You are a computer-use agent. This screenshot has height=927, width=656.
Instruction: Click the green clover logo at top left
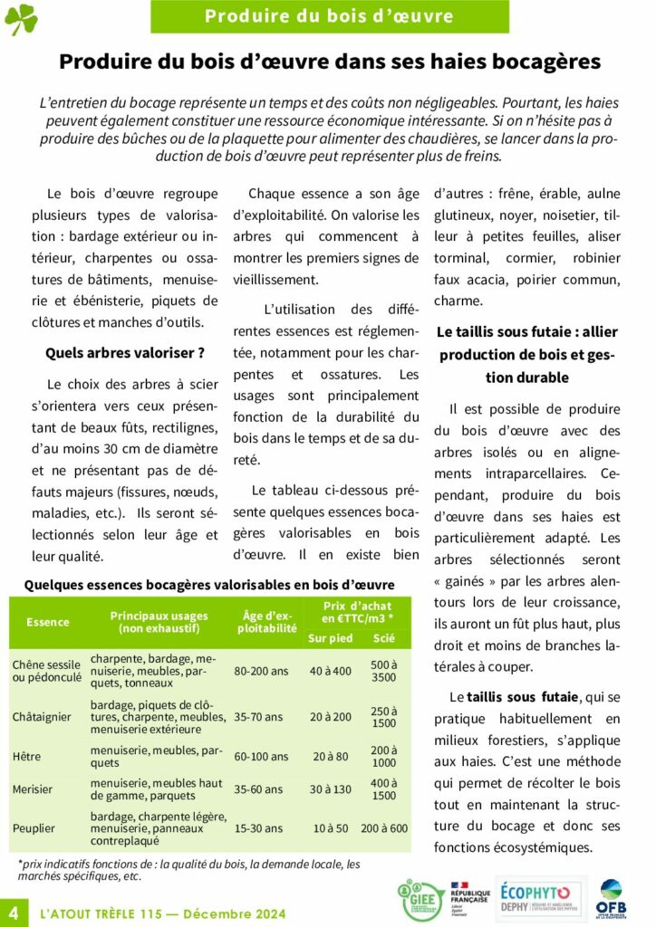point(21,18)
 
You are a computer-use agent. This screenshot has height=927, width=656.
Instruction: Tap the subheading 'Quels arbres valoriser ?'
point(125,353)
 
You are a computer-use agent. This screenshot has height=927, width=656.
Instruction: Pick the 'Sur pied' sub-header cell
point(330,638)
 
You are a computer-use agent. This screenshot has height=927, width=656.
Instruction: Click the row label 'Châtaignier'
point(42,717)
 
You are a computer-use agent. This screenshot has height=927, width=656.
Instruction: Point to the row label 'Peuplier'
point(34,828)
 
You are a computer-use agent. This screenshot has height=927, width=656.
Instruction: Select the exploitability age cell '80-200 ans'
point(261,672)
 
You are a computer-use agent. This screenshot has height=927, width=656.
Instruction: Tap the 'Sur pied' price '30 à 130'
point(330,788)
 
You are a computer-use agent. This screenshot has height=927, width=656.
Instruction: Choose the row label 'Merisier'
point(33,788)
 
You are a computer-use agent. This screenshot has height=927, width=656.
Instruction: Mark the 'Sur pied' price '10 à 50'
point(330,828)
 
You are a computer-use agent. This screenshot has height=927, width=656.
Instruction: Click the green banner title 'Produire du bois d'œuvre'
point(329,15)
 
